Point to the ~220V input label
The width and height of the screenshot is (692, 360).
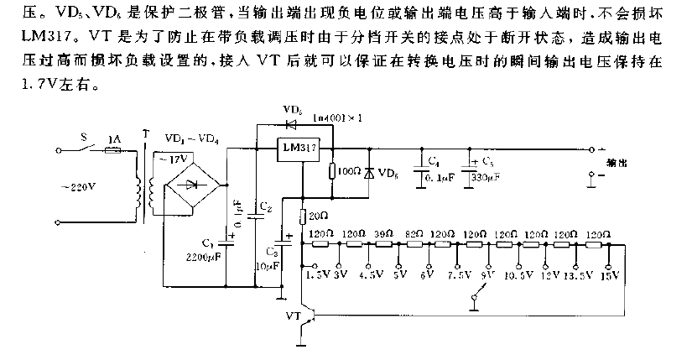click(75, 186)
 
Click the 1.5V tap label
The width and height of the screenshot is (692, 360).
click(316, 273)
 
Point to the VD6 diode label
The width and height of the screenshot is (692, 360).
click(388, 172)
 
